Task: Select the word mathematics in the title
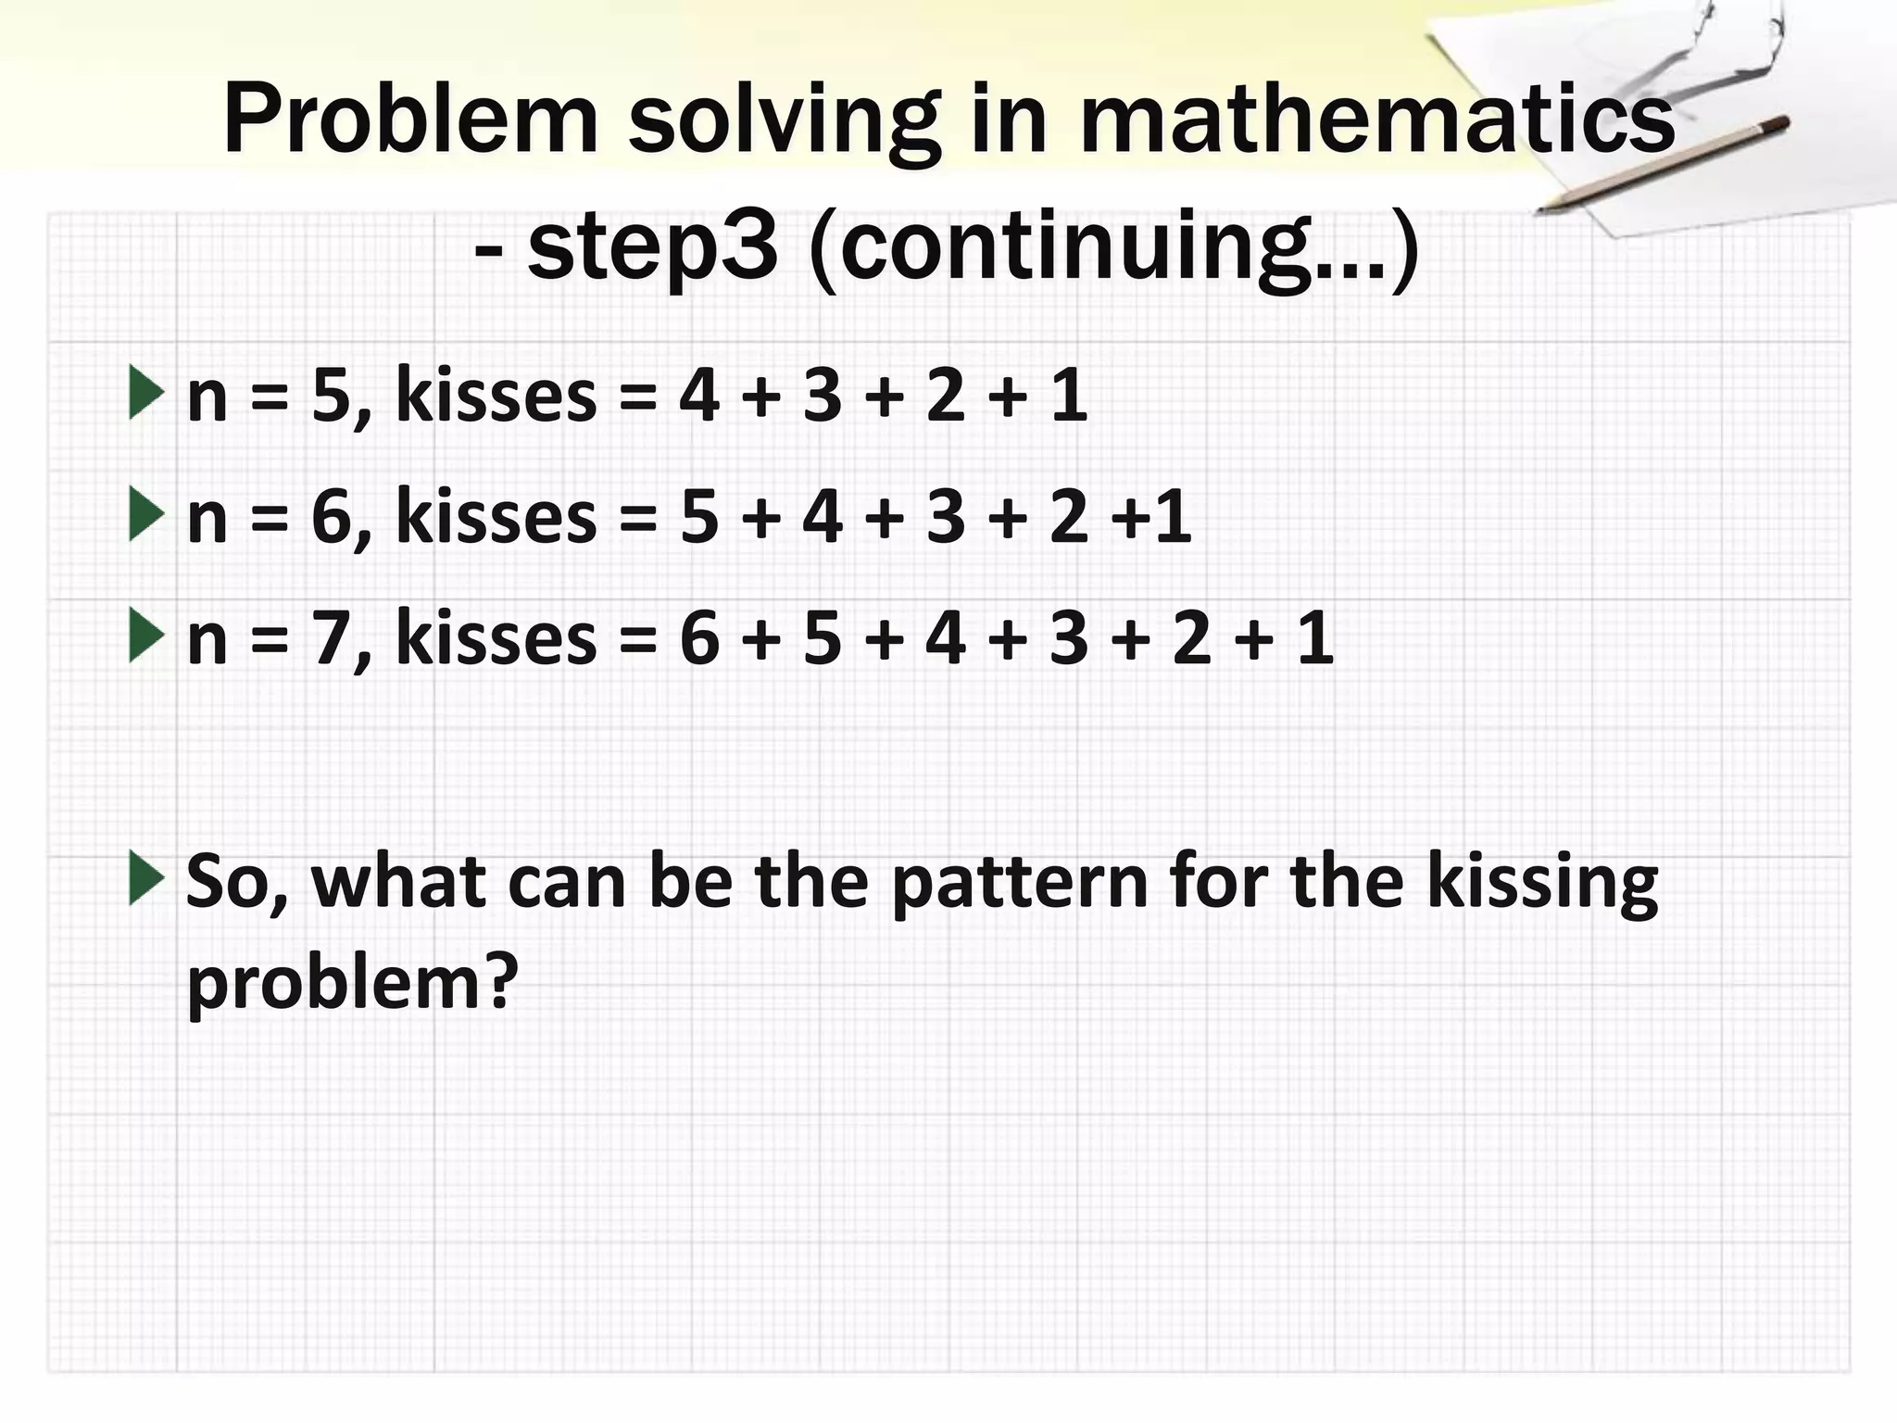pos(1377,120)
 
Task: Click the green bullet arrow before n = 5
pos(146,392)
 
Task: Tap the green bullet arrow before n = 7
pos(146,636)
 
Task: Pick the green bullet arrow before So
pos(146,878)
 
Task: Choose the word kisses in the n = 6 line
pos(496,517)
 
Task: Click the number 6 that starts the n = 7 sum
pos(699,639)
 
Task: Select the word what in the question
pos(398,882)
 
